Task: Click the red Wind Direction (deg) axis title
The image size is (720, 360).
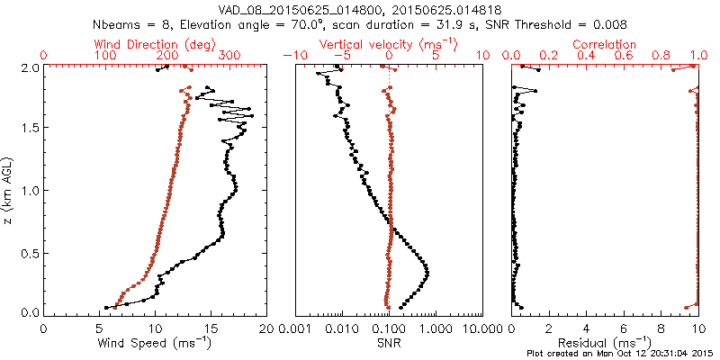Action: (155, 44)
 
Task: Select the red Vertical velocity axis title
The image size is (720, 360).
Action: (388, 44)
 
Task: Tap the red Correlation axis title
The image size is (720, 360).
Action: (604, 44)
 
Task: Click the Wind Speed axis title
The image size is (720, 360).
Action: (155, 342)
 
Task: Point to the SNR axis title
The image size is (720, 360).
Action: (388, 342)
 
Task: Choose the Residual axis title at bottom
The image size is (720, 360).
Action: (604, 342)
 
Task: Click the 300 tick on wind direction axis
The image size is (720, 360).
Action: (229, 56)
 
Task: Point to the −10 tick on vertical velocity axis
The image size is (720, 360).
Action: (293, 56)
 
